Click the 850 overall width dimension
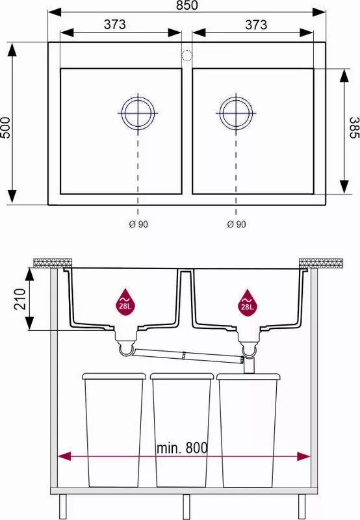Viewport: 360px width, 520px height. pos(187,5)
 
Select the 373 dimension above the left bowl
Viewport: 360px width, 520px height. pos(115,24)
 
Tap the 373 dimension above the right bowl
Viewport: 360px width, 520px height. pos(256,25)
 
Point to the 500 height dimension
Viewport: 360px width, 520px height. pos(6,127)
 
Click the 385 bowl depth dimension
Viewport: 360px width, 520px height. pos(354,127)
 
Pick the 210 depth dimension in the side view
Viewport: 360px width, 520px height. pos(20,299)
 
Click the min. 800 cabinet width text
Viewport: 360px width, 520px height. pos(182,448)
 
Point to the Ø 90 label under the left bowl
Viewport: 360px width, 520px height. pos(138,224)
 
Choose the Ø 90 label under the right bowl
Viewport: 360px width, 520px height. pos(237,224)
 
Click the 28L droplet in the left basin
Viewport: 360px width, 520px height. pos(125,302)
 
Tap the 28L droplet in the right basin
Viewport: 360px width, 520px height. pos(248,303)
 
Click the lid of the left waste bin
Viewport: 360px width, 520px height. pos(114,376)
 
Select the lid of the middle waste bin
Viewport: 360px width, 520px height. pos(182,376)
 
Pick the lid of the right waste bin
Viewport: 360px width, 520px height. pos(249,376)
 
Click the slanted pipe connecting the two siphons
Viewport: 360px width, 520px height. pos(188,356)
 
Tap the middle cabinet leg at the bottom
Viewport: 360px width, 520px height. pos(186,507)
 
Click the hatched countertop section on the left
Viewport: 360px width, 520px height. pos(53,262)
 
